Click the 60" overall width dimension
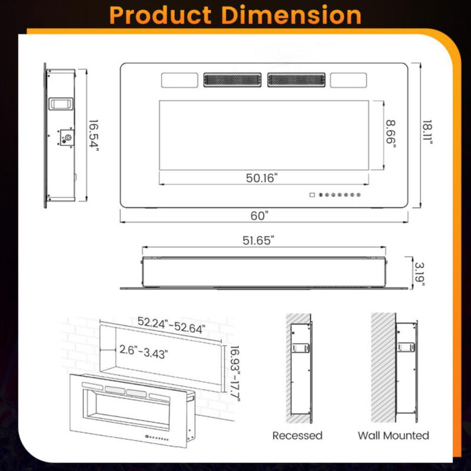(x=259, y=215)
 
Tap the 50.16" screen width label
(x=259, y=177)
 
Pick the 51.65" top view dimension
(x=259, y=240)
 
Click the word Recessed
(x=297, y=436)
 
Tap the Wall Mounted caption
(x=393, y=436)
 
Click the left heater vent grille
(x=233, y=79)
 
